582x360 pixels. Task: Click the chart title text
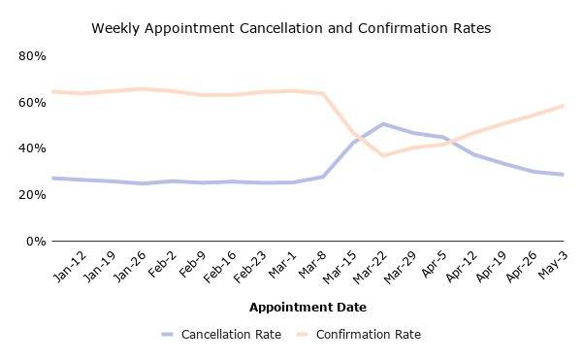click(x=291, y=29)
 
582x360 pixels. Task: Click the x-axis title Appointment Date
click(x=307, y=308)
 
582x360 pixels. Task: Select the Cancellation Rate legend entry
click(x=221, y=335)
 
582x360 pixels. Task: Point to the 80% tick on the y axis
click(x=33, y=56)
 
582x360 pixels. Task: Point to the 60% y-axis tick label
click(x=33, y=102)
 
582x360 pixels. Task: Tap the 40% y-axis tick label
click(x=33, y=148)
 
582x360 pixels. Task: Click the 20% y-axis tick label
click(x=33, y=195)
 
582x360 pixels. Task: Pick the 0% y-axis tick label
click(x=37, y=241)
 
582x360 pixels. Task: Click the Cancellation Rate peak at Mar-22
click(x=383, y=124)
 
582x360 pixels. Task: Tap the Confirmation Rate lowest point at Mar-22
click(x=383, y=155)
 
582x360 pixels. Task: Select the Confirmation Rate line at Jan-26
click(x=143, y=89)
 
